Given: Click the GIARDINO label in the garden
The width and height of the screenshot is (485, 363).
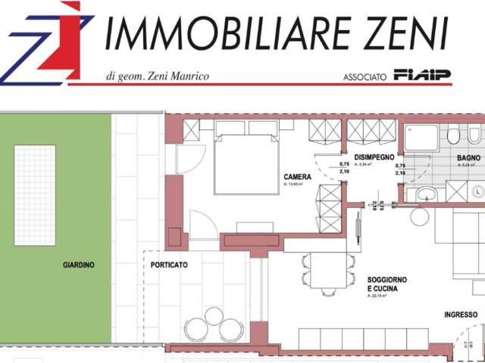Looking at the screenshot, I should pos(78,265).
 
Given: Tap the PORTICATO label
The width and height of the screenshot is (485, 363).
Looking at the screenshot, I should pos(168,265).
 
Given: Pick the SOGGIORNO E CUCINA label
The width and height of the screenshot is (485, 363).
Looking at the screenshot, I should pos(386,284).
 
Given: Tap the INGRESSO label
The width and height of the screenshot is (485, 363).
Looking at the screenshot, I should pos(460,315).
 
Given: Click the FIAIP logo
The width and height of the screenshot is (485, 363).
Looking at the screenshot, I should pos(423,75).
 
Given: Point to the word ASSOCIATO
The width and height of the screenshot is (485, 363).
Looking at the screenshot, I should pos(365,76).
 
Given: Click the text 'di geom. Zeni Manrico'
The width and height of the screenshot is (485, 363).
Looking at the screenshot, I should pos(157,76).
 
